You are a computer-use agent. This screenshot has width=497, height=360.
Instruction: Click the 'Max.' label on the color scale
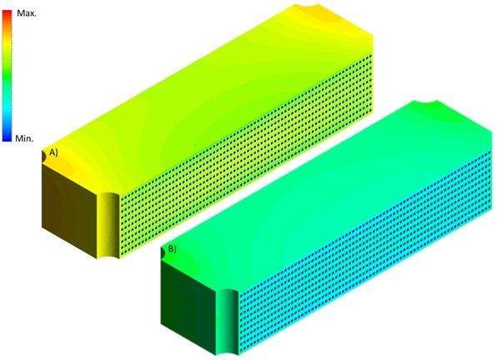[x=28, y=14]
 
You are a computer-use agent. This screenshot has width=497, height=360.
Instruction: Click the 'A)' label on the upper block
[x=53, y=153]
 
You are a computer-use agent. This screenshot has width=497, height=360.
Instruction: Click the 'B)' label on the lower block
[x=172, y=248]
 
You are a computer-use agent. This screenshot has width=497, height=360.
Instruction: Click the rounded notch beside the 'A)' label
[x=44, y=154]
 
